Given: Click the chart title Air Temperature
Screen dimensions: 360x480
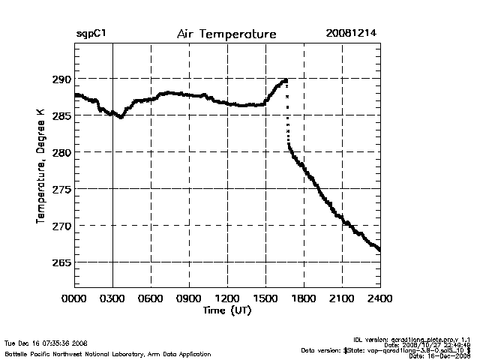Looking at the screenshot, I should pyautogui.click(x=226, y=34).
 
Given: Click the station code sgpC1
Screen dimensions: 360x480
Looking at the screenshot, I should pyautogui.click(x=89, y=34).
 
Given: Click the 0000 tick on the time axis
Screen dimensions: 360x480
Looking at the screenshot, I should pyautogui.click(x=75, y=298).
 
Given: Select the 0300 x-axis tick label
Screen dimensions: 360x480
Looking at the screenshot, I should pyautogui.click(x=113, y=298).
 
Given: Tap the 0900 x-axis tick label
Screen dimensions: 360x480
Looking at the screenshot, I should pyautogui.click(x=190, y=298).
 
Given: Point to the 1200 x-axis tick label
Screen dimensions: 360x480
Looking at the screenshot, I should pyautogui.click(x=228, y=298).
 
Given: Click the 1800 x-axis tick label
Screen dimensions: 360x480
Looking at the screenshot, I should pyautogui.click(x=304, y=298).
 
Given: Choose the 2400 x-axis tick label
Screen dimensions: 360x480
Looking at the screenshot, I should pyautogui.click(x=380, y=298).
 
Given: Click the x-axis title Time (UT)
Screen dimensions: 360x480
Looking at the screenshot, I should pyautogui.click(x=226, y=310).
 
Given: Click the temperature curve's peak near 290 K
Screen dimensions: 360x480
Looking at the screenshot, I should pyautogui.click(x=285, y=80).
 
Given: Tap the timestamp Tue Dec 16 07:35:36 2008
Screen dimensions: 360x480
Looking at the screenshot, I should pyautogui.click(x=46, y=343).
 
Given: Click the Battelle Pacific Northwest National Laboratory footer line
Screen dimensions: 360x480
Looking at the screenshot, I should pyautogui.click(x=107, y=353).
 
